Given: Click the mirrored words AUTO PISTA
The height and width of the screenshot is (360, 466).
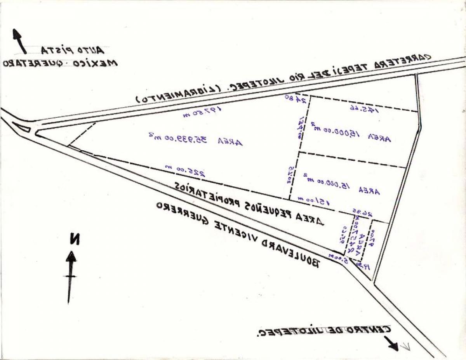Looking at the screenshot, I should pyautogui.click(x=73, y=50).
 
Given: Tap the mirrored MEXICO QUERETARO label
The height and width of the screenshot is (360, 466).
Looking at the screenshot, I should pyautogui.click(x=60, y=63).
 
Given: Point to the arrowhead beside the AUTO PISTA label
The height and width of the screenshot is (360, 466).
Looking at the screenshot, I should pyautogui.click(x=17, y=34).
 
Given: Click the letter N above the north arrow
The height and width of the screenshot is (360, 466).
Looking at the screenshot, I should pyautogui.click(x=74, y=238).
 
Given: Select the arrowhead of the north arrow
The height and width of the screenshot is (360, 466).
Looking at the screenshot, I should pyautogui.click(x=71, y=257).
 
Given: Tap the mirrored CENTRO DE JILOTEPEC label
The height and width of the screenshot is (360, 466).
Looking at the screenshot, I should pyautogui.click(x=323, y=331).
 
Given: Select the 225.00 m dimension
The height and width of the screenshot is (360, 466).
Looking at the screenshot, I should pyautogui.click(x=185, y=170).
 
